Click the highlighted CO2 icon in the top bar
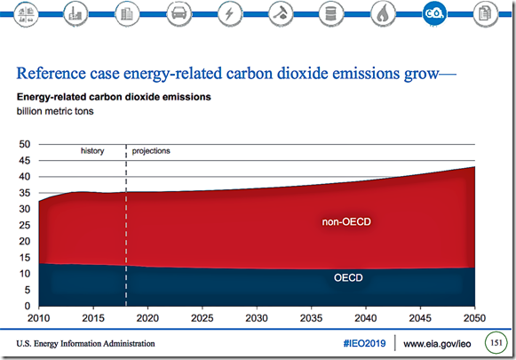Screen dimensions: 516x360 coord(434,14)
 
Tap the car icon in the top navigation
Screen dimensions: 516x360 coord(179,14)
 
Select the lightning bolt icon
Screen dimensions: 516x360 coord(229,14)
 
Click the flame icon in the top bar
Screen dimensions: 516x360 coord(383,14)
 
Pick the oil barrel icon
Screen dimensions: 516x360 coord(331,14)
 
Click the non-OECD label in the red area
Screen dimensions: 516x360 coord(346,221)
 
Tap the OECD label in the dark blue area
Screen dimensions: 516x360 coord(348,277)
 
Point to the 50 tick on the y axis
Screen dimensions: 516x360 coord(25,144)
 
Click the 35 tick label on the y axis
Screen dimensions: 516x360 coord(25,193)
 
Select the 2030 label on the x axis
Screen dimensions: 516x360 coord(257,318)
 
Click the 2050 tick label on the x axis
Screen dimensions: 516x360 coord(474,318)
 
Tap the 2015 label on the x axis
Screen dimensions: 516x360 coord(93,318)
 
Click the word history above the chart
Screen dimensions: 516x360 coord(92,151)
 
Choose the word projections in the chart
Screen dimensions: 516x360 coord(151,151)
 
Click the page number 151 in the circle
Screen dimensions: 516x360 coord(496,343)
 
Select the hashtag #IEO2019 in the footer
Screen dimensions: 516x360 coord(364,343)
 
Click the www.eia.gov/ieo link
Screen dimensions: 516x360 coord(437,344)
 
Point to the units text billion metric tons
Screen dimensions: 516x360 coord(55,111)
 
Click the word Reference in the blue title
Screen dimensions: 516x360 coord(51,73)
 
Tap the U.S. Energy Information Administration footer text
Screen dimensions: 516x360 coord(85,343)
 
